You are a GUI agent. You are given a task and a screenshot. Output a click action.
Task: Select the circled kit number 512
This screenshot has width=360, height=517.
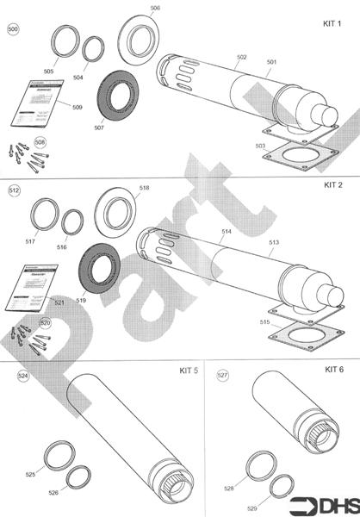[15, 189]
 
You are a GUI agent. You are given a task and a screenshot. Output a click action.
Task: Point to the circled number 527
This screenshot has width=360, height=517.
[222, 376]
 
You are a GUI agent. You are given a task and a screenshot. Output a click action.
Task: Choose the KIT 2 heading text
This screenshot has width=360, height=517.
[333, 184]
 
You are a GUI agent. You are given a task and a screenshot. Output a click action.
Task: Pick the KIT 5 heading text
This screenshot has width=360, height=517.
[189, 371]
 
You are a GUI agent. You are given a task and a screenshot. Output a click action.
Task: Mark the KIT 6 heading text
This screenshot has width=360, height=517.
[334, 370]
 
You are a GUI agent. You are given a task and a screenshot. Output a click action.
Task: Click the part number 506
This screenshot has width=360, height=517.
[155, 8]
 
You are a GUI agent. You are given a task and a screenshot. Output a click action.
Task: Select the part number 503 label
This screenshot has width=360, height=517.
[260, 146]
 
